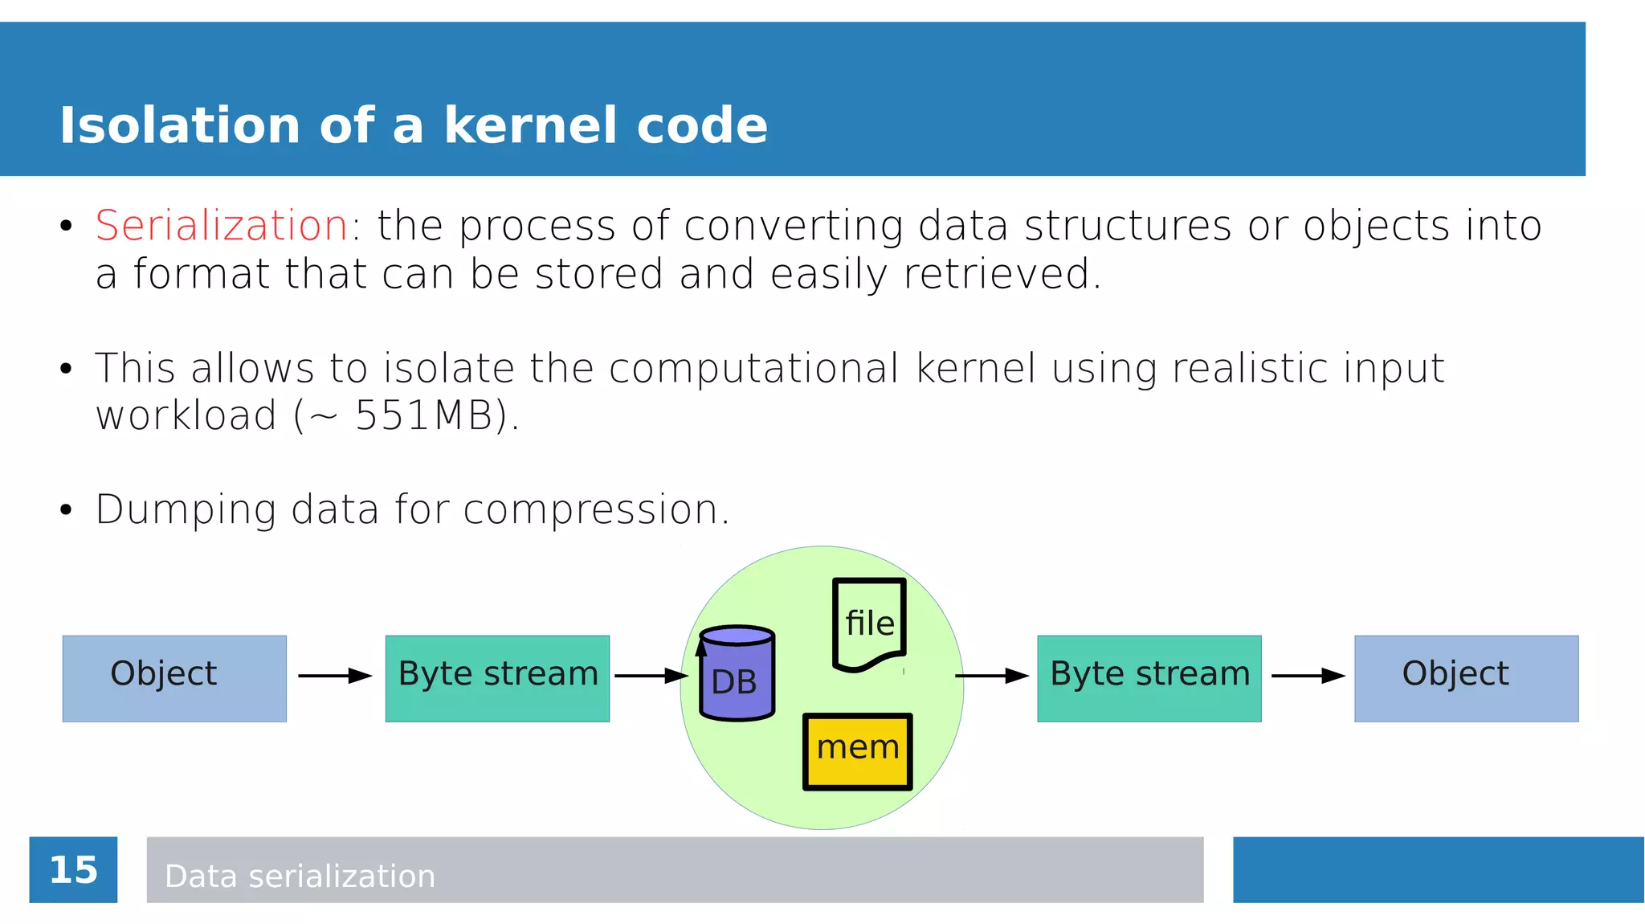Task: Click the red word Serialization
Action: point(221,226)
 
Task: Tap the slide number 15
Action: point(73,870)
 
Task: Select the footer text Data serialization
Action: point(300,876)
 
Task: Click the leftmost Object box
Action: point(174,678)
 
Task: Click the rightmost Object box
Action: point(1466,678)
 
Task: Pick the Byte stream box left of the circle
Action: point(497,678)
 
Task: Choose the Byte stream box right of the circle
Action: point(1149,678)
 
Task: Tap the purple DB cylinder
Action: point(737,675)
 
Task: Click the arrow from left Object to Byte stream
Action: point(335,676)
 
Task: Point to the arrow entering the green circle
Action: point(651,676)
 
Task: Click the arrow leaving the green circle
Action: point(991,676)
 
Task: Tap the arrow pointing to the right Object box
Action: point(1308,676)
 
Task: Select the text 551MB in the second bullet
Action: point(423,416)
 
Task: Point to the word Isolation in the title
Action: point(180,126)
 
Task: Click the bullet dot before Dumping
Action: point(66,510)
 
